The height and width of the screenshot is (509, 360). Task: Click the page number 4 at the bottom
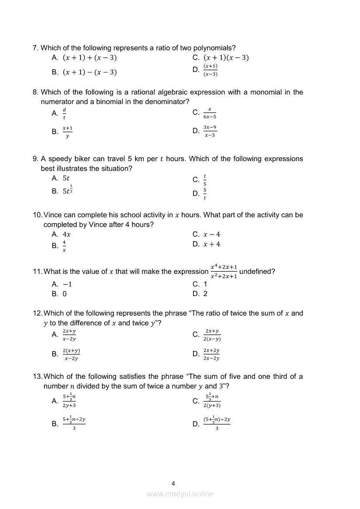tap(173, 483)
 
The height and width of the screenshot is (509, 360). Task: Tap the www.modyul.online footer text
tap(180, 494)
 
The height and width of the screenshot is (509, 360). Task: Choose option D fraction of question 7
tap(211, 70)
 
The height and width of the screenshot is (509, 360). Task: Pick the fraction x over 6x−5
tap(210, 113)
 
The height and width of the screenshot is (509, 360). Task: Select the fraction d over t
tap(65, 113)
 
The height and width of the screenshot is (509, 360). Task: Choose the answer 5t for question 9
tap(66, 178)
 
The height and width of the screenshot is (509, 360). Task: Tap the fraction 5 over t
tap(205, 194)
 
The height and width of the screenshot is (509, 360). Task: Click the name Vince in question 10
tap(53, 215)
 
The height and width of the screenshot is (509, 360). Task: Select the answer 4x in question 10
tap(67, 234)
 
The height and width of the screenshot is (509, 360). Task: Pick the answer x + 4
tap(212, 244)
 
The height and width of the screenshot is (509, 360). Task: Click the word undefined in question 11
tap(257, 272)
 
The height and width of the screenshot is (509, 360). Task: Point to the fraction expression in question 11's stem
tap(224, 271)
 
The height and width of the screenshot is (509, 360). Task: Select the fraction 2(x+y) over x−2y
tap(71, 354)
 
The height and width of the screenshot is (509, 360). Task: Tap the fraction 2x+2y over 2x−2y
tap(211, 354)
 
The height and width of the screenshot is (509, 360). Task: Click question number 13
tap(37, 377)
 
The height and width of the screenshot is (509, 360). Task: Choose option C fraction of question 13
tap(212, 401)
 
